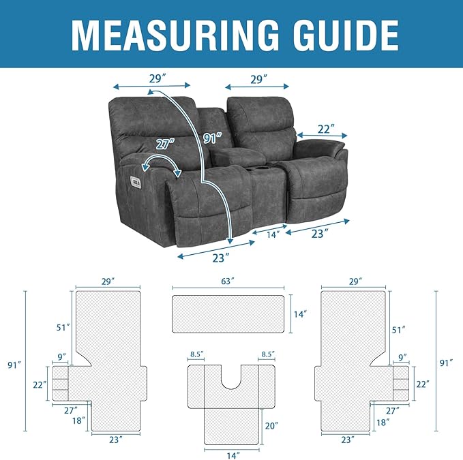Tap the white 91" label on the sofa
[213, 138]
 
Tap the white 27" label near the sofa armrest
[164, 144]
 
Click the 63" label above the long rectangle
[227, 281]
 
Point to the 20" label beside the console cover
[271, 425]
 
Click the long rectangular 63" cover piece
[227, 313]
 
